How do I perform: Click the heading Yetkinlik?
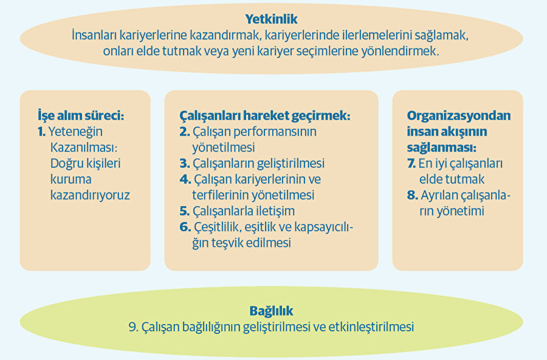271,19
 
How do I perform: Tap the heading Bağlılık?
271,311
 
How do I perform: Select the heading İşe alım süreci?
84,116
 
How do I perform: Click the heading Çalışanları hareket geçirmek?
264,116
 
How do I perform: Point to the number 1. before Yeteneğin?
41,131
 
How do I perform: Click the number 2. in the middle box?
185,131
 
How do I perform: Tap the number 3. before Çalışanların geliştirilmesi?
185,164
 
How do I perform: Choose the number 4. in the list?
185,179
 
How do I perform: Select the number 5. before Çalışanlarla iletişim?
185,211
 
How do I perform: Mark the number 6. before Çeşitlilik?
185,227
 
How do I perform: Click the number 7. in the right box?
411,164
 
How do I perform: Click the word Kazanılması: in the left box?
81,147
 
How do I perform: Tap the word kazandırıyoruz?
90,195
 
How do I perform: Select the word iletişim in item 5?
272,211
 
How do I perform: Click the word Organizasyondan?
459,116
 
